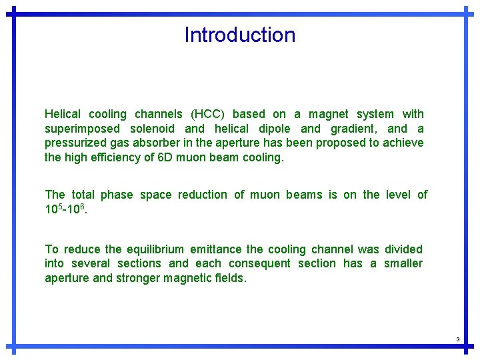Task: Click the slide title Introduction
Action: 240,35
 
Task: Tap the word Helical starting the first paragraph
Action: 63,114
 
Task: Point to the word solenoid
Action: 152,129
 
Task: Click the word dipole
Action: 273,129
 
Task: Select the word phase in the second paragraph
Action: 118,195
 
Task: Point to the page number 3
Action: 458,340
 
